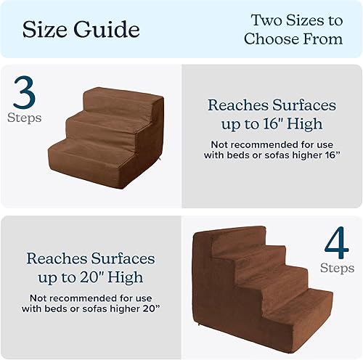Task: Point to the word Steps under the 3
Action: tap(25, 117)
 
